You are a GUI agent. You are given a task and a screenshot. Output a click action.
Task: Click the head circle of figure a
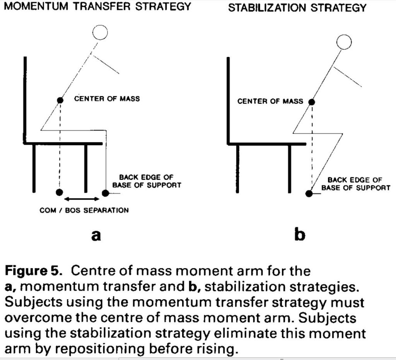click(x=100, y=33)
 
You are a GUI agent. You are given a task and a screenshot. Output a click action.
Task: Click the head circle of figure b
click(x=344, y=42)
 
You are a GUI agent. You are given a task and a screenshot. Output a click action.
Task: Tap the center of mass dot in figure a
click(x=60, y=100)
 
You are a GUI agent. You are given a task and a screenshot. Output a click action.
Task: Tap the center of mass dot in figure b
click(x=312, y=102)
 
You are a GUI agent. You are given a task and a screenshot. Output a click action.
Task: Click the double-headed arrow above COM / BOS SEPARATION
click(x=82, y=199)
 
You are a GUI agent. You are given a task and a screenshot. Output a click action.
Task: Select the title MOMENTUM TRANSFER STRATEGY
click(x=98, y=6)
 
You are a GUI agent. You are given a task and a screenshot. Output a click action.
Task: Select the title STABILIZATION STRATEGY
click(x=297, y=8)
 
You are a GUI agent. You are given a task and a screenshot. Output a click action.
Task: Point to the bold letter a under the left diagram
click(x=96, y=235)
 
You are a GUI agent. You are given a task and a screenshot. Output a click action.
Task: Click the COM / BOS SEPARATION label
click(x=84, y=210)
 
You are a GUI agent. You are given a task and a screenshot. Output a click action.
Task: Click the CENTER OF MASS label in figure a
click(x=107, y=99)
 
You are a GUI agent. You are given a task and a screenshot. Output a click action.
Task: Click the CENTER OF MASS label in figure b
click(x=270, y=101)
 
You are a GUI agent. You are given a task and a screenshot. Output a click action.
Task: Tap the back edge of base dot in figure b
click(x=309, y=194)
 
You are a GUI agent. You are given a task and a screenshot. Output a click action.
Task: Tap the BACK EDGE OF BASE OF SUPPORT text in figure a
click(x=147, y=181)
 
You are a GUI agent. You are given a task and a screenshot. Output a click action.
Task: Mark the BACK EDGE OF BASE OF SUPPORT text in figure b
click(x=356, y=184)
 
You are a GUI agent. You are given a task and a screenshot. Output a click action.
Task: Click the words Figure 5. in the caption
click(x=34, y=271)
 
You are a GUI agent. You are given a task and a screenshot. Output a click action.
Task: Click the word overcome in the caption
click(x=38, y=318)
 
